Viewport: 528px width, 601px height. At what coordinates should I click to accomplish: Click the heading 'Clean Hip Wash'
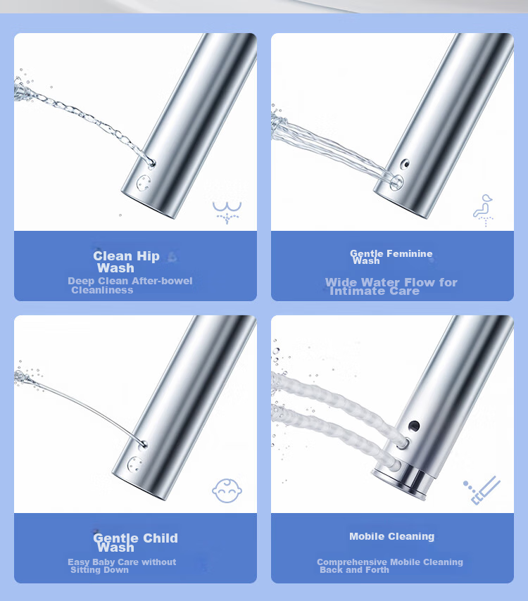(x=126, y=262)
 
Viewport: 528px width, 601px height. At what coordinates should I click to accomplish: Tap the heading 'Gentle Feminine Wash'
(x=391, y=257)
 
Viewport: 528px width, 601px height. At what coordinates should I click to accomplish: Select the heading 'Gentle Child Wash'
(x=135, y=543)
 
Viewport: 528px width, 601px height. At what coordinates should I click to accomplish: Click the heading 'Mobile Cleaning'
(x=392, y=536)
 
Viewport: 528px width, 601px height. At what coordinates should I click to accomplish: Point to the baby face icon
(x=227, y=491)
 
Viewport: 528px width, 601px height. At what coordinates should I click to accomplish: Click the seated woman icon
(x=483, y=210)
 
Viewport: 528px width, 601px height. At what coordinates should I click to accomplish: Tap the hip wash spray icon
(x=227, y=213)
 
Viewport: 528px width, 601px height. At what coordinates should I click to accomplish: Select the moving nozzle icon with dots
(x=482, y=491)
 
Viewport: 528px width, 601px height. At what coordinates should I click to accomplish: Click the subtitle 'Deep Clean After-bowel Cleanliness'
(x=130, y=286)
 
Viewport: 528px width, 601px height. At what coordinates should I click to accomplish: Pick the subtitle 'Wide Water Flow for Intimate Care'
(x=391, y=286)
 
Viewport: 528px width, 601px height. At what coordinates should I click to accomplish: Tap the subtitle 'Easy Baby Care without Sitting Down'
(x=122, y=566)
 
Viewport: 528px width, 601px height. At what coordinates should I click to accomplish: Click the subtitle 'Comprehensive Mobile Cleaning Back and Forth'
(x=390, y=566)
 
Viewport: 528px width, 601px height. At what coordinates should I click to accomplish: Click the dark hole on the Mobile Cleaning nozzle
(x=414, y=426)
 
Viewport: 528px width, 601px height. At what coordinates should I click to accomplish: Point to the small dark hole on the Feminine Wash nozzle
(x=405, y=165)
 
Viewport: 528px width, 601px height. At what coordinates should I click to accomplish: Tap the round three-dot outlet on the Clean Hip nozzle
(x=144, y=183)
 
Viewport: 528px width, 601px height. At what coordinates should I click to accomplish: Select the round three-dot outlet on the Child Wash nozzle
(x=134, y=464)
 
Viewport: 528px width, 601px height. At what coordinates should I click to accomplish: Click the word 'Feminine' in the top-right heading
(x=410, y=253)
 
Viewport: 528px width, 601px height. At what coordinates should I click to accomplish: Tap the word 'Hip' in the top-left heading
(x=148, y=256)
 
